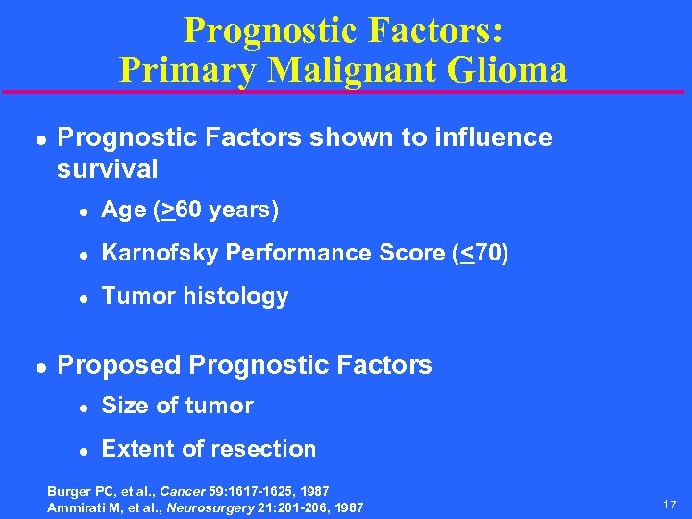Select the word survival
(x=108, y=169)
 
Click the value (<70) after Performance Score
(x=480, y=253)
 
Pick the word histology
(x=238, y=296)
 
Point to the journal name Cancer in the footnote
(x=181, y=491)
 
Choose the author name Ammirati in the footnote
(x=78, y=507)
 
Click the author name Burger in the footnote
(x=70, y=491)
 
